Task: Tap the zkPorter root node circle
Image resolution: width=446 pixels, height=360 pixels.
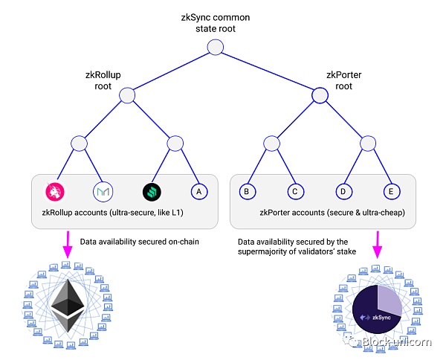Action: pyautogui.click(x=320, y=95)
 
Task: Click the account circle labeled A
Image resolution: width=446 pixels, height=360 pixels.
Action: pyautogui.click(x=197, y=191)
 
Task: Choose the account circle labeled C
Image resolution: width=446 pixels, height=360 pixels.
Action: pyautogui.click(x=294, y=191)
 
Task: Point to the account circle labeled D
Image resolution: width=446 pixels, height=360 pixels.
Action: pyautogui.click(x=344, y=191)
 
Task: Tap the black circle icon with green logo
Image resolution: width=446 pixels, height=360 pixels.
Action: pyautogui.click(x=151, y=191)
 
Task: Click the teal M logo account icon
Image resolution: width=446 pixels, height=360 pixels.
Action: pyautogui.click(x=103, y=191)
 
